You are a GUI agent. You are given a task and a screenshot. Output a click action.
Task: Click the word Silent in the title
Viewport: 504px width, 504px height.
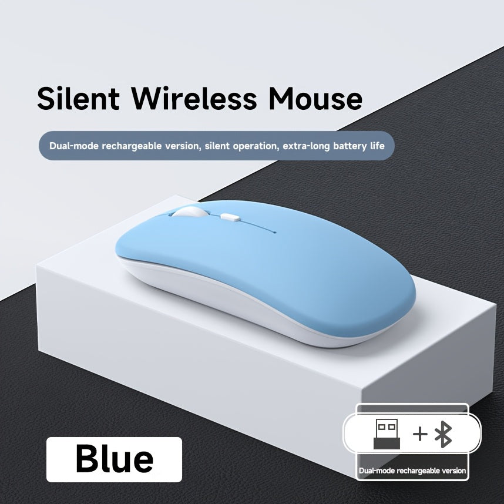pos(78,98)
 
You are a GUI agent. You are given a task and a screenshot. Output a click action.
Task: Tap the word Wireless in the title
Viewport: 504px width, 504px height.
pos(193,98)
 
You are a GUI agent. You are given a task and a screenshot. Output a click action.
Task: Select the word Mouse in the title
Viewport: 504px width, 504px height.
pos(315,98)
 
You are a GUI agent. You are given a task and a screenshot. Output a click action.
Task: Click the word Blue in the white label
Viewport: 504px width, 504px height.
pos(115,459)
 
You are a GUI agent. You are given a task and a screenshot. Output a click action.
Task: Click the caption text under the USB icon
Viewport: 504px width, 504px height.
pos(412,471)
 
